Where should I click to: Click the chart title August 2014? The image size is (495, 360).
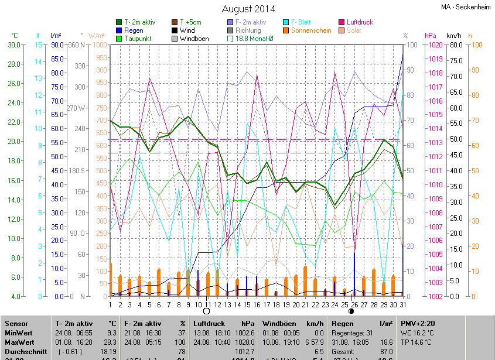pos(248,9)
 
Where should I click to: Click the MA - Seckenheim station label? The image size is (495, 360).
pos(466,7)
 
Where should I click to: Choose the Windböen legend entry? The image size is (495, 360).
pos(193,39)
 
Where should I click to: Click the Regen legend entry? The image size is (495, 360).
pos(134,30)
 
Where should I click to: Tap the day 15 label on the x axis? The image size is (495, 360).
pos(247,305)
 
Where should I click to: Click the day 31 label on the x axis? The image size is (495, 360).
pos(402,305)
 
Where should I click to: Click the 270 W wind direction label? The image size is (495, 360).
pos(76,108)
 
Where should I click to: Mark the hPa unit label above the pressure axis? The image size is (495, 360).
pos(431,36)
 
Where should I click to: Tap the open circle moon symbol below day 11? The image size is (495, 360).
pos(206,311)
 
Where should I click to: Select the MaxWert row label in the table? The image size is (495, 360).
pos(19,341)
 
